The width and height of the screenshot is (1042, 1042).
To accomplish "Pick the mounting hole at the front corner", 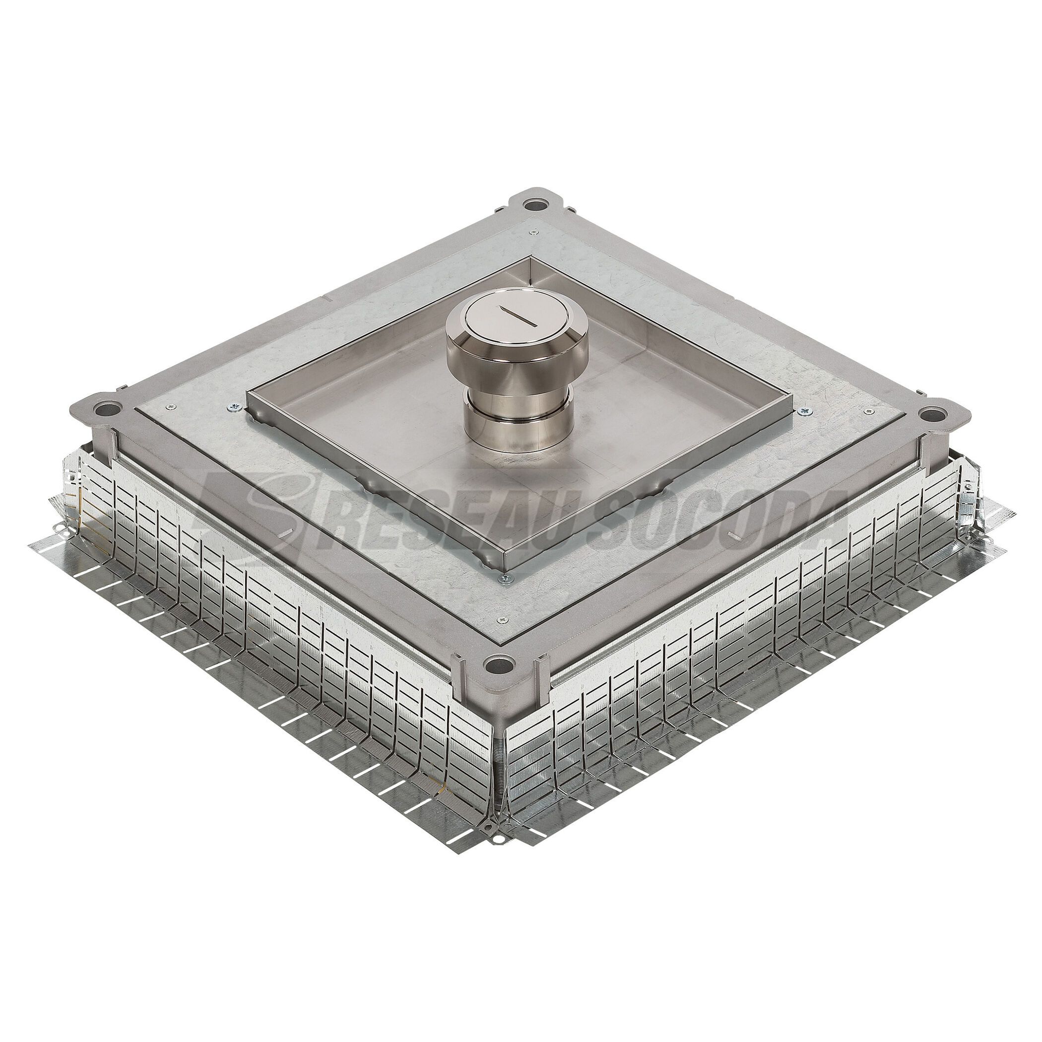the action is pyautogui.click(x=498, y=665).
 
